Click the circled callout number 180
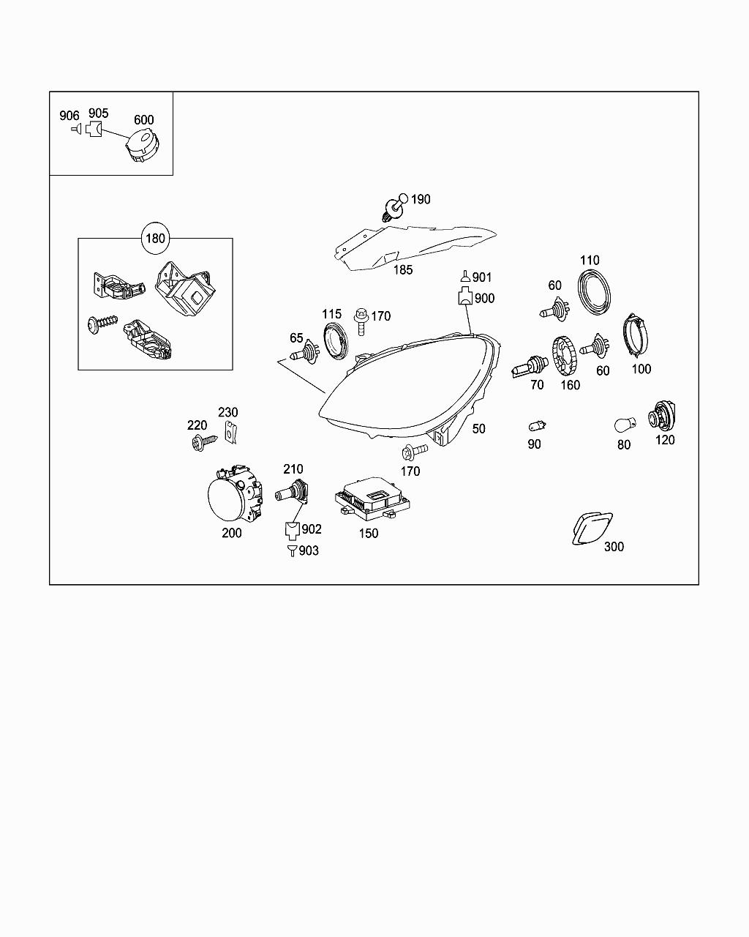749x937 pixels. (156, 238)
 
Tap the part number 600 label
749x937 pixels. (143, 120)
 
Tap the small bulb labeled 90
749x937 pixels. (537, 425)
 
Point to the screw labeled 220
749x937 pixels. (203, 441)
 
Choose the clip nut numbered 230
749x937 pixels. (232, 433)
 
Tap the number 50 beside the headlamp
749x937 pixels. (479, 429)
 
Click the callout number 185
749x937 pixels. (403, 269)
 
